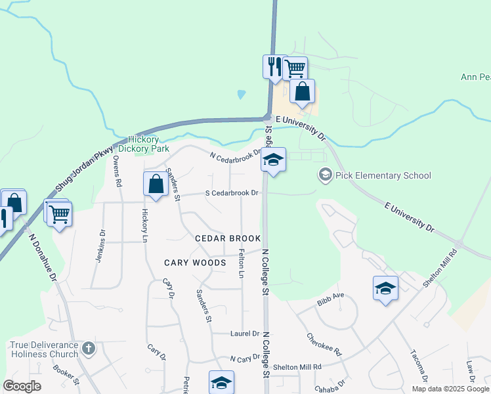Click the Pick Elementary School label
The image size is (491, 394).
(x=383, y=175)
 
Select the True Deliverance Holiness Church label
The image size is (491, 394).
(x=44, y=349)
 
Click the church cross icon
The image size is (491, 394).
(x=90, y=349)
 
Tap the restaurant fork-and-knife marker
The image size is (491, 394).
(x=274, y=66)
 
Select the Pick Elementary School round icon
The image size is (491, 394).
(x=325, y=175)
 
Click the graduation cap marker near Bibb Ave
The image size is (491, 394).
(x=385, y=288)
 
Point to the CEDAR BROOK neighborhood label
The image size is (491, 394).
(x=228, y=238)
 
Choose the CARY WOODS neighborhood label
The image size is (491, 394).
(x=195, y=263)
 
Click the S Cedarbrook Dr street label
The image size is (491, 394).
(x=232, y=193)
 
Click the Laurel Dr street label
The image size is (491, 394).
(x=245, y=334)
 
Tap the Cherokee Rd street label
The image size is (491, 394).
(x=325, y=344)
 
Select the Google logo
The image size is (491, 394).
(x=22, y=386)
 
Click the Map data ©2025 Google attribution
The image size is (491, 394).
(x=450, y=389)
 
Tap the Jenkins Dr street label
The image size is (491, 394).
(x=100, y=246)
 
